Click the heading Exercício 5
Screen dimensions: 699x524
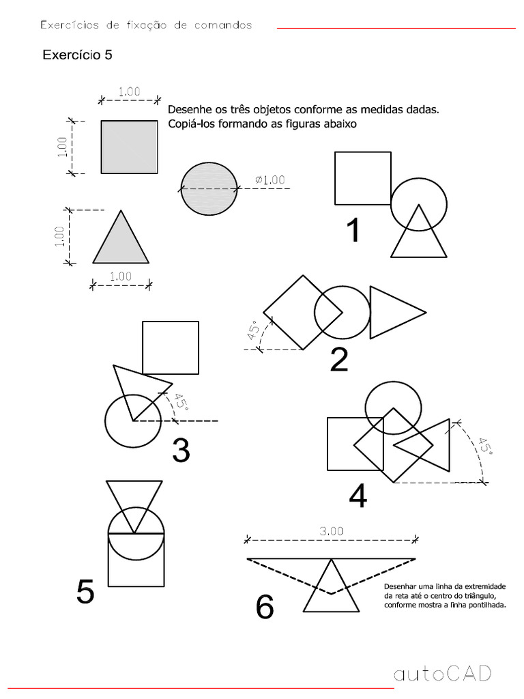(77, 55)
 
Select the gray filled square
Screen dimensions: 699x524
(130, 147)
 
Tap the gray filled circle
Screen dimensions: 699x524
(209, 188)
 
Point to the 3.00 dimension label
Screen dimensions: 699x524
(332, 530)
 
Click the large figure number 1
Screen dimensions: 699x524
(353, 231)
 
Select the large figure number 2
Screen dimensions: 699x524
(339, 360)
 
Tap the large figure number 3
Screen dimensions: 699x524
(181, 451)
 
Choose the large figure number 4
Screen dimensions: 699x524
(358, 496)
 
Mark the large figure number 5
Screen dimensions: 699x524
(85, 591)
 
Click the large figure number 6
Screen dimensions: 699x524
(265, 608)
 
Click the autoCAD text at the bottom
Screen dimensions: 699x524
(442, 674)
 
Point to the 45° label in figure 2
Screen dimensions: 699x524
(253, 331)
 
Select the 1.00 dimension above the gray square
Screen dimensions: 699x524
(129, 91)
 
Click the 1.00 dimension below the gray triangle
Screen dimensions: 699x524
(121, 276)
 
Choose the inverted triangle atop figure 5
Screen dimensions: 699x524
(134, 502)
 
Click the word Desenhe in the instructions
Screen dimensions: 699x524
(188, 109)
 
